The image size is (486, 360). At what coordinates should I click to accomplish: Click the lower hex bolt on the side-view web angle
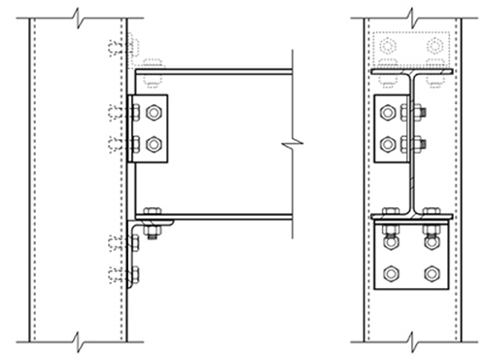click(154, 145)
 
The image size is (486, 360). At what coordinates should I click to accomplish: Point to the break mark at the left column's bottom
click(78, 342)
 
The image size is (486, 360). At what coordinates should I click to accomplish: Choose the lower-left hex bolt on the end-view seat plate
click(390, 273)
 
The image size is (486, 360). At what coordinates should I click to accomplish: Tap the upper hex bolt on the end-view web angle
click(389, 113)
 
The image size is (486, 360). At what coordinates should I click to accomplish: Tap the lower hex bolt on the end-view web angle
click(389, 145)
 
